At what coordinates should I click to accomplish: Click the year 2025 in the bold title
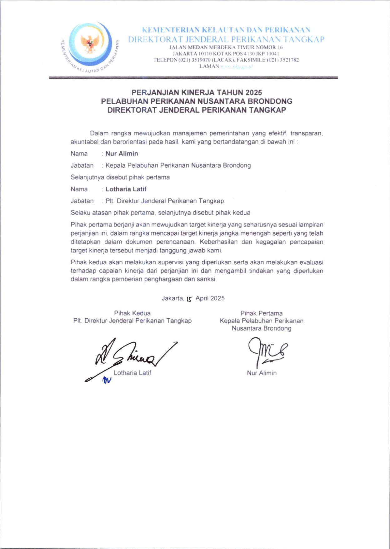pos(253,92)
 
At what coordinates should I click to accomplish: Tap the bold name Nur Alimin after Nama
pos(122,154)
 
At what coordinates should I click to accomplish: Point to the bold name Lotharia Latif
pos(126,189)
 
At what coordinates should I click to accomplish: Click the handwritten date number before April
pos(189,299)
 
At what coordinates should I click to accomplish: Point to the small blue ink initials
pos(107,380)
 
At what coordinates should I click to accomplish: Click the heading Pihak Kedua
pos(132,313)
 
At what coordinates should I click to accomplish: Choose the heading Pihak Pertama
pos(262,313)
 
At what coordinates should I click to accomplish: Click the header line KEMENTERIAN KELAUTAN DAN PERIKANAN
pos(226,30)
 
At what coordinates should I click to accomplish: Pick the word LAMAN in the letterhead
pos(209,66)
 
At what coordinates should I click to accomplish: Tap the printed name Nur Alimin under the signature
pos(262,373)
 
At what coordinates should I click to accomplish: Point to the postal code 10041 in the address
pos(274,54)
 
